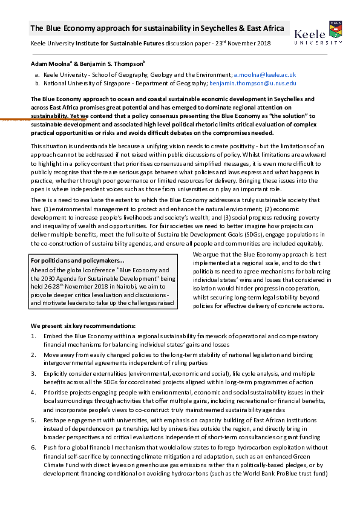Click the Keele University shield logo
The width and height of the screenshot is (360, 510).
click(x=336, y=29)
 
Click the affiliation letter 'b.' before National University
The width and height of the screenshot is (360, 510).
click(x=38, y=82)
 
